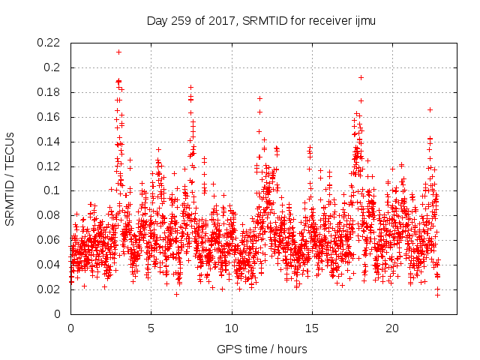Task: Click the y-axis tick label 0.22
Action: (49, 43)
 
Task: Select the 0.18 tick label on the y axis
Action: (49, 92)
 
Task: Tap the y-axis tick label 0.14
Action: (49, 141)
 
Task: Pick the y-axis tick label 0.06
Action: (49, 240)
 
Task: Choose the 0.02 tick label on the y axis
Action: (49, 289)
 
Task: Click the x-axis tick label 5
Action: (151, 328)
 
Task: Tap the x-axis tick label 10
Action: (232, 328)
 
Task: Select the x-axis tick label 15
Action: (312, 328)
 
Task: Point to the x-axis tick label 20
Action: (392, 328)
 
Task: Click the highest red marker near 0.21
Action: (119, 52)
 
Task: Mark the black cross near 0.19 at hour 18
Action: (361, 77)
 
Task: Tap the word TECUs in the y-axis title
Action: (10, 149)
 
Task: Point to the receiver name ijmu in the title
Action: (364, 21)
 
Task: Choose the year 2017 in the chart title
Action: (222, 21)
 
